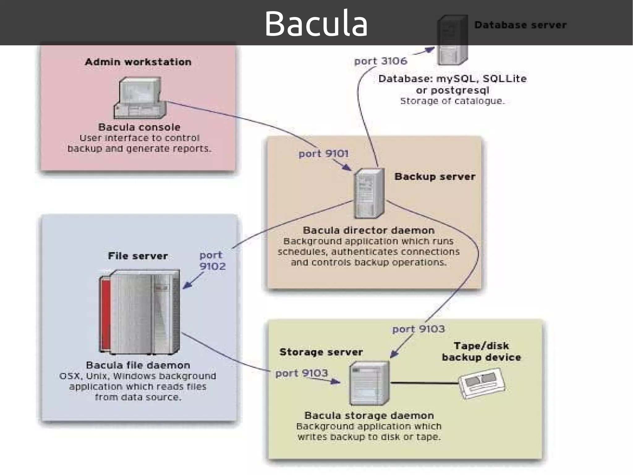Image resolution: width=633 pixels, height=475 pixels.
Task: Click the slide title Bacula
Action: (316, 24)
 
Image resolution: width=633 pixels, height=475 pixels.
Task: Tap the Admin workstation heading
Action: (138, 62)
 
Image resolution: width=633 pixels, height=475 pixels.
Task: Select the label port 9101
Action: (323, 153)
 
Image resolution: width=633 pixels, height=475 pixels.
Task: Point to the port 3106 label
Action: (380, 61)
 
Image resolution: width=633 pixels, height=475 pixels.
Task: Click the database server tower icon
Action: (452, 40)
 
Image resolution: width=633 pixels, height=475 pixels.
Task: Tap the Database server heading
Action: (520, 25)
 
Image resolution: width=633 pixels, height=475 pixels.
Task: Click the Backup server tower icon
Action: (369, 193)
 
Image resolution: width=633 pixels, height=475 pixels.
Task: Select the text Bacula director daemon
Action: (368, 230)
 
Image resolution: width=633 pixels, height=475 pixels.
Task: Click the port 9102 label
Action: (212, 261)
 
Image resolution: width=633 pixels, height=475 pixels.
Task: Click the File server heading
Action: (138, 256)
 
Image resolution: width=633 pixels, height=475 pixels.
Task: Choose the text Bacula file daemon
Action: (138, 365)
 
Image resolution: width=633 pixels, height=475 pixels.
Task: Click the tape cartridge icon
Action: (482, 383)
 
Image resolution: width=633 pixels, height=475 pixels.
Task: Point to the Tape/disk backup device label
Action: (481, 352)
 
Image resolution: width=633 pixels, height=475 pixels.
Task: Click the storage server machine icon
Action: (369, 383)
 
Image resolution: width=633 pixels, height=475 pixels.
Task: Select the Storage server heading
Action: (321, 352)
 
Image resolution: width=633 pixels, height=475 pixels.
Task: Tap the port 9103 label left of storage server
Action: (301, 373)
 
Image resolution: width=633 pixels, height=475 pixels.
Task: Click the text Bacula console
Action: (139, 127)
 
